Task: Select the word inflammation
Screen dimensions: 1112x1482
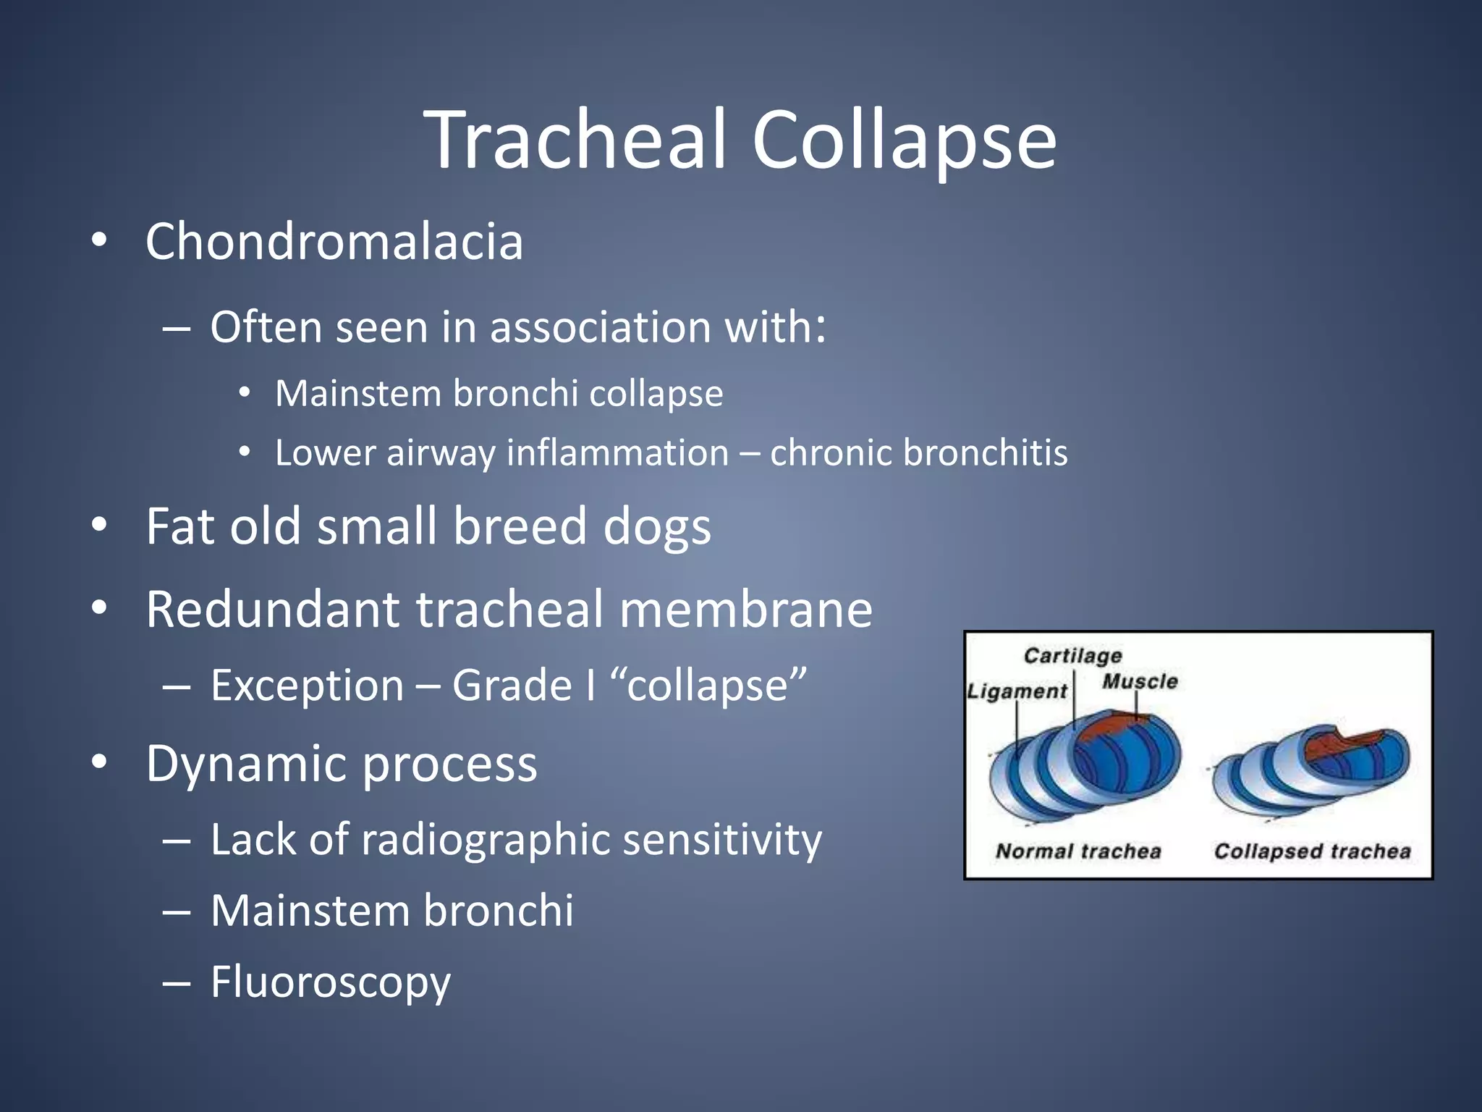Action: pos(617,453)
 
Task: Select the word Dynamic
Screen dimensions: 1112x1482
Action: pos(246,764)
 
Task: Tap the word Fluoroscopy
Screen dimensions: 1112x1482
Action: pos(331,982)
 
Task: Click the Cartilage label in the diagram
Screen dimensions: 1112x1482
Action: pos(1072,656)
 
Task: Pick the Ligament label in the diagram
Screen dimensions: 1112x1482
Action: pos(1017,691)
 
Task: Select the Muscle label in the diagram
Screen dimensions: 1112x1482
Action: pos(1139,681)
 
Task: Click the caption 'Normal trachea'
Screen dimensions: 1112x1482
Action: pos(1078,851)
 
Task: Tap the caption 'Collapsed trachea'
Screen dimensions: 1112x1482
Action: pos(1312,851)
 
